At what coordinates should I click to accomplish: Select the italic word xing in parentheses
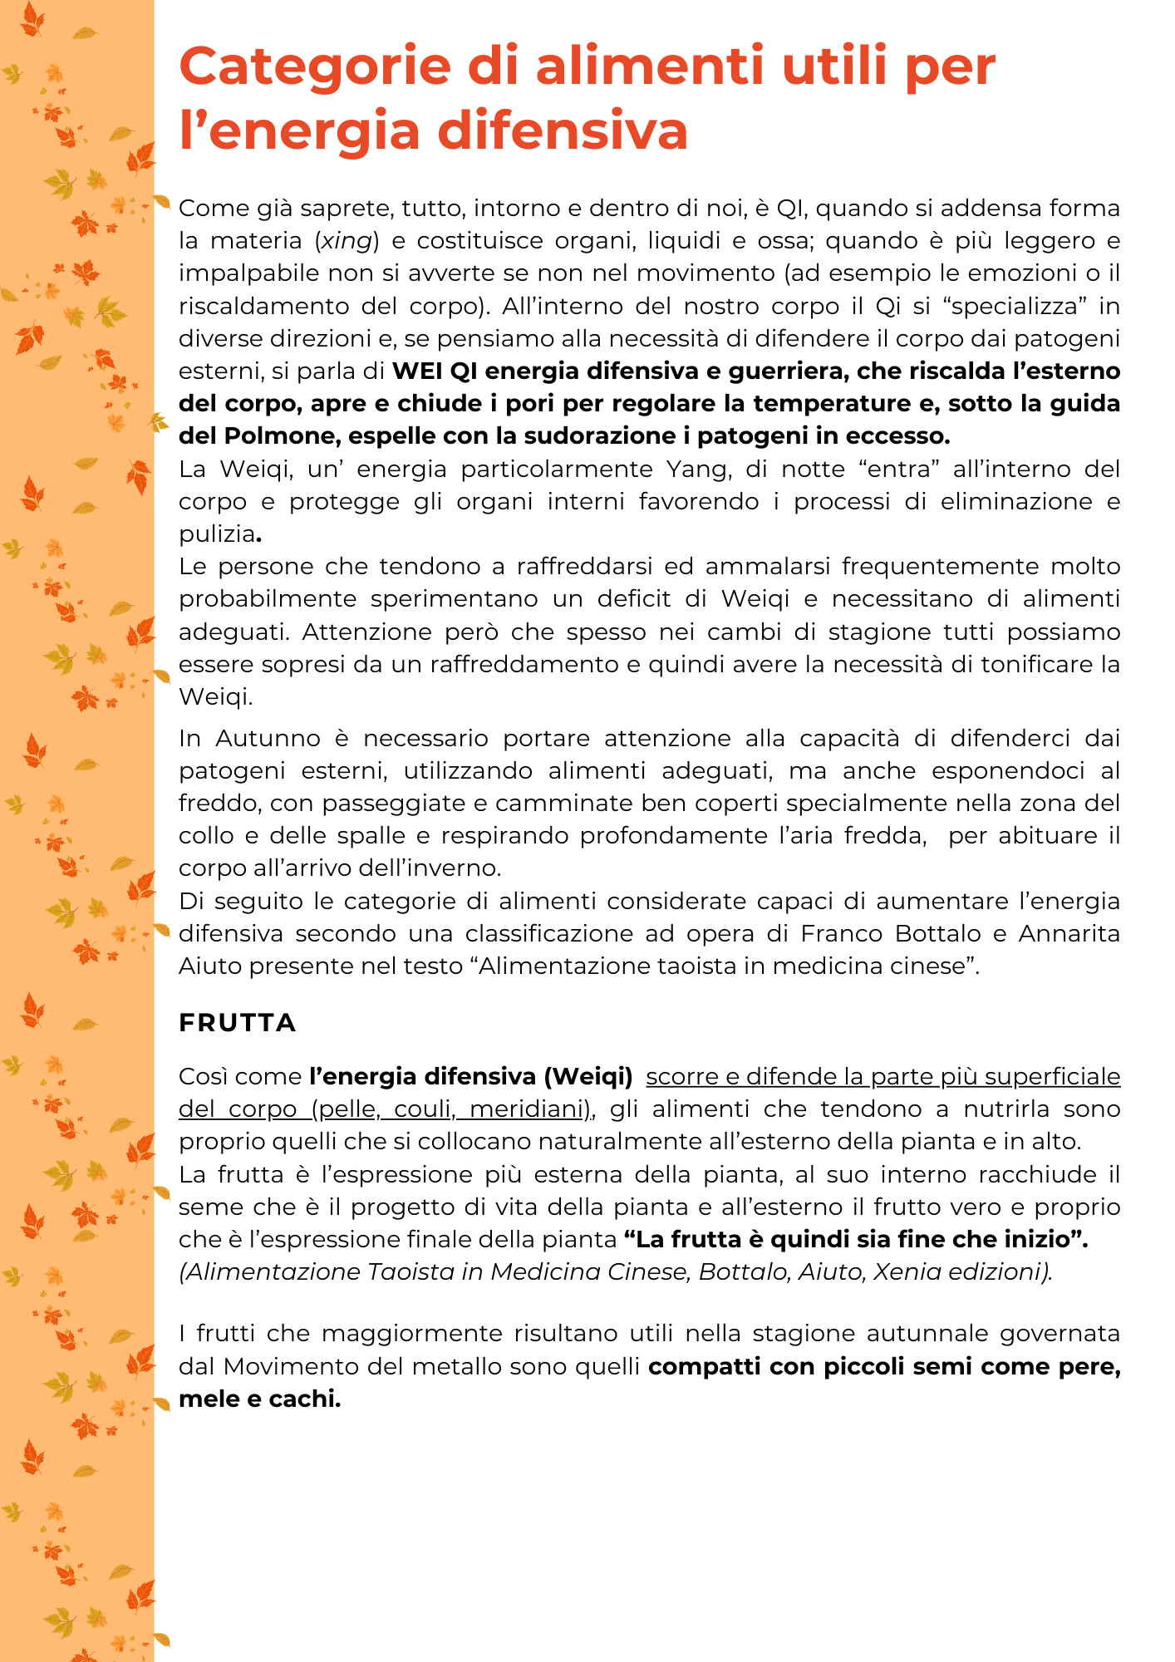tap(347, 241)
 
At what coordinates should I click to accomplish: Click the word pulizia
tap(216, 534)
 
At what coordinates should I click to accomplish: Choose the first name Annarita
tap(1069, 934)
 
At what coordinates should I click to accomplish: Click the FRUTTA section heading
tap(238, 1023)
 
